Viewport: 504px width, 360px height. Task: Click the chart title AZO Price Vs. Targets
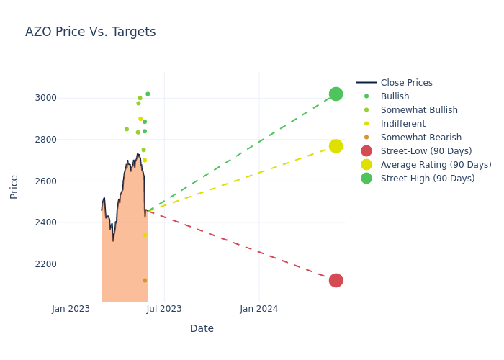[90, 32]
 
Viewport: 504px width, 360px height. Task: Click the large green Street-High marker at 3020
[336, 94]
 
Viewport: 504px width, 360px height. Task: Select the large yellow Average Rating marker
[336, 146]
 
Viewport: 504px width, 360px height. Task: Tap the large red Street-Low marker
[336, 280]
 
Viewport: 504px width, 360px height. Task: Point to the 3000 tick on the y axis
[46, 98]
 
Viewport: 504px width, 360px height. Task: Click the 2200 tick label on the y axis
[46, 264]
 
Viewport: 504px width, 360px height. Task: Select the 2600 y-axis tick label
[46, 181]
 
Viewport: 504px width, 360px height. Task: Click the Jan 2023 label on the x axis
[71, 309]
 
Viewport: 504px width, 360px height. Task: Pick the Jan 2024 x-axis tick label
[259, 309]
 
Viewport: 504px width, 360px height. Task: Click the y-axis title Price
[14, 186]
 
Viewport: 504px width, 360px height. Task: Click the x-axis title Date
[202, 328]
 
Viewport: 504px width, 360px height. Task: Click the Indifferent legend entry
[402, 124]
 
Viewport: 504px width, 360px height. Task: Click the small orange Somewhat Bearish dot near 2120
[145, 281]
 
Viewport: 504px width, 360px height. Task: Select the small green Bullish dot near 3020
[148, 94]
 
